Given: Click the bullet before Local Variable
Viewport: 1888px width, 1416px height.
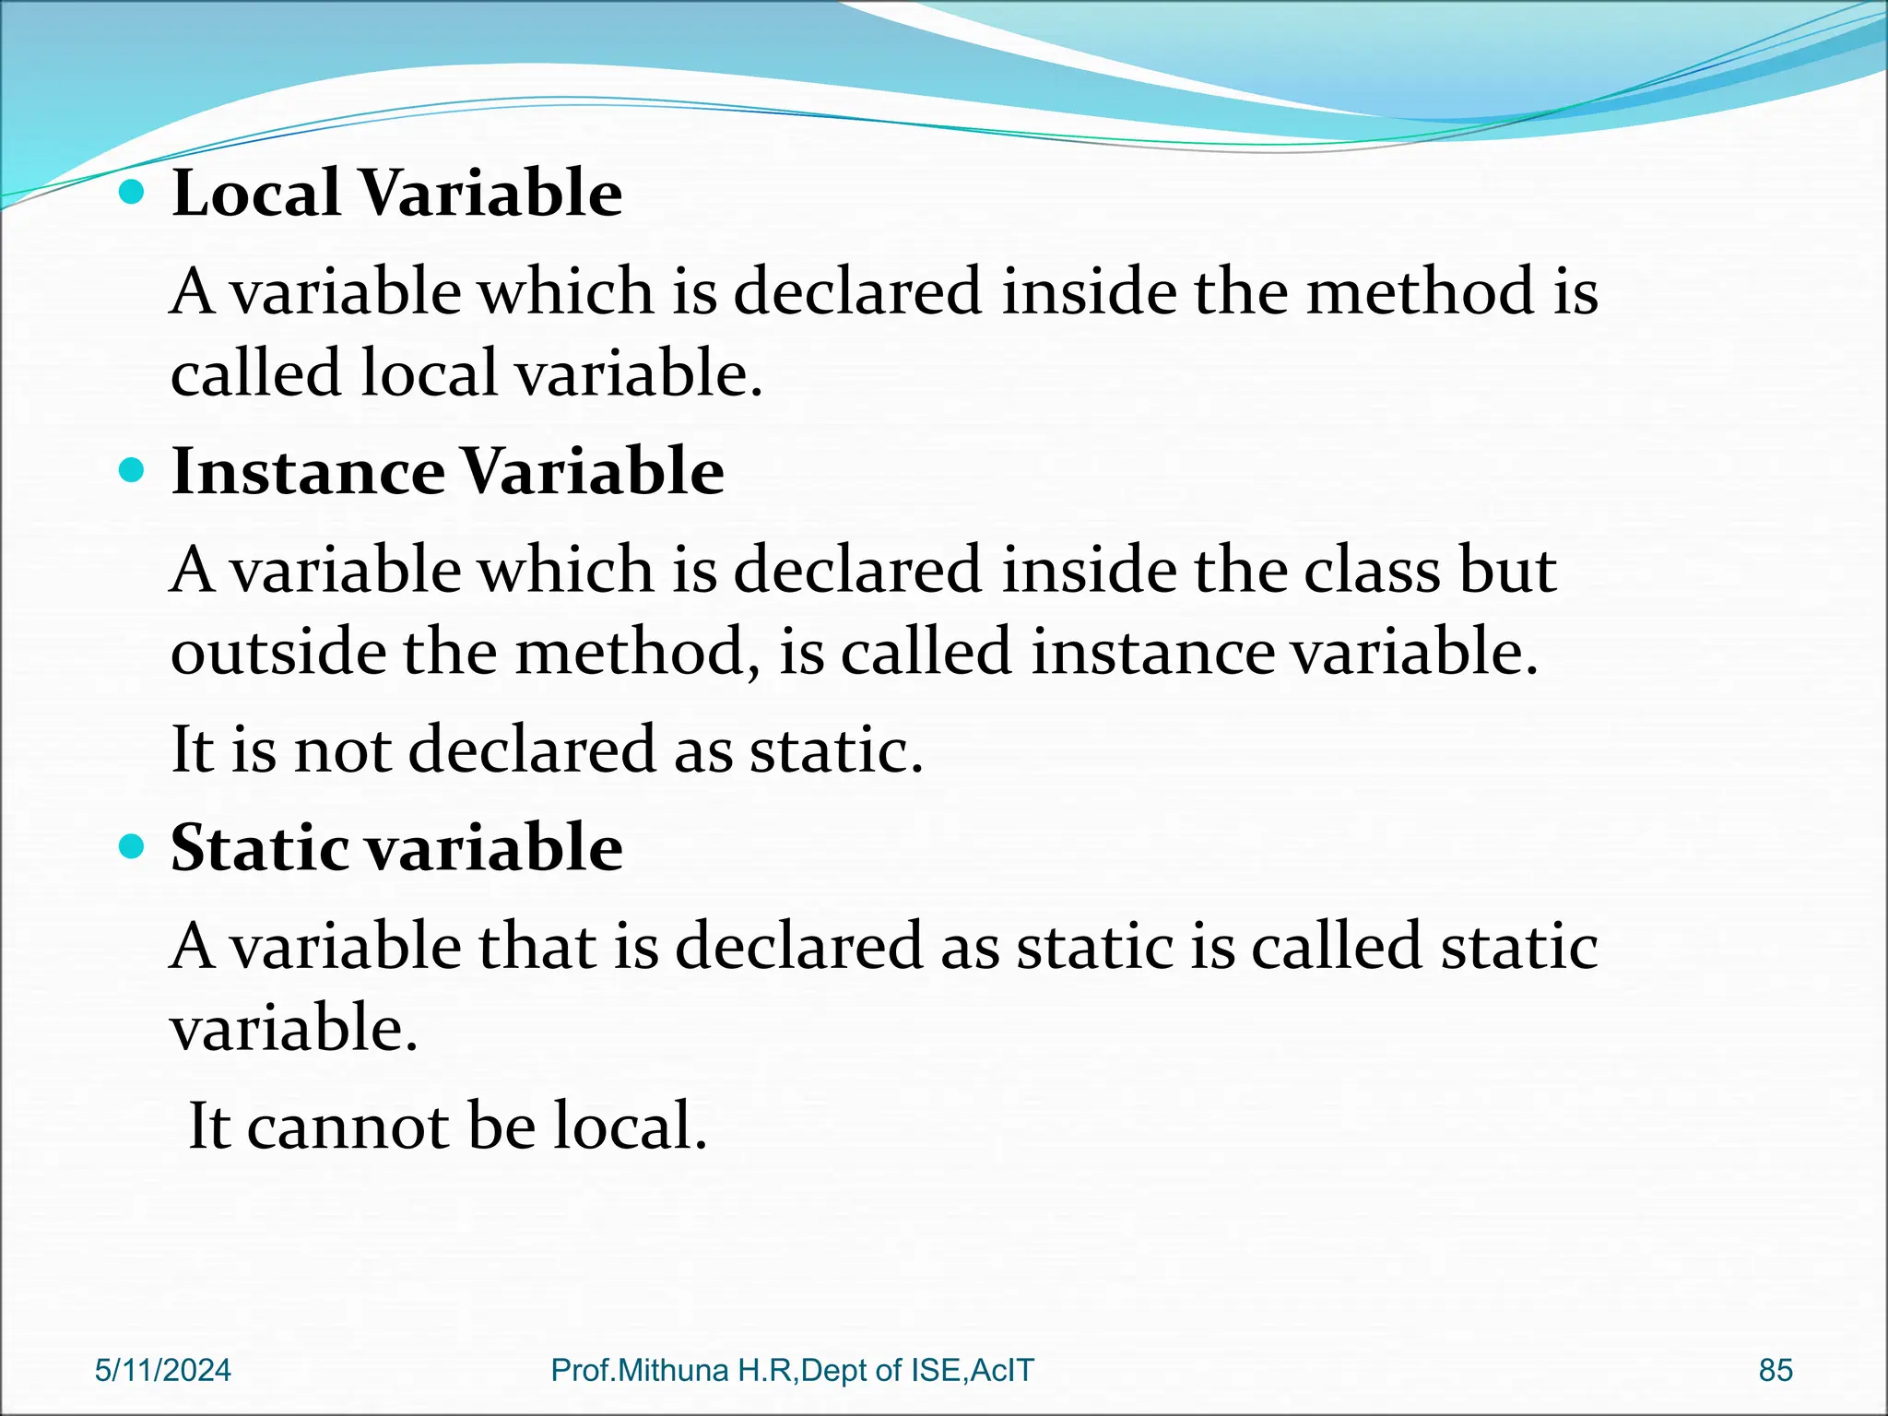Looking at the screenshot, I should tap(133, 192).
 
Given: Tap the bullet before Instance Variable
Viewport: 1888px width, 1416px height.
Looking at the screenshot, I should tap(133, 471).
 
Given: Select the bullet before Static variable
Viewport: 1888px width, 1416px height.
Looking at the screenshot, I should tap(133, 846).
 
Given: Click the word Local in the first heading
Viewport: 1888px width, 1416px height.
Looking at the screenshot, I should tap(256, 194).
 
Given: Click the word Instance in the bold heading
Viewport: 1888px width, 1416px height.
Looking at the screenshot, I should tap(308, 472).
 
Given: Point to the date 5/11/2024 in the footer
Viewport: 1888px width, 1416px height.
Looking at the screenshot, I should tap(163, 1370).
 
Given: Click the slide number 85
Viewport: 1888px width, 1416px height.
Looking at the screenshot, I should tap(1775, 1370).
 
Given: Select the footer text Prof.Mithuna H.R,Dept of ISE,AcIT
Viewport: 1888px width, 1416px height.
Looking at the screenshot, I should tap(792, 1370).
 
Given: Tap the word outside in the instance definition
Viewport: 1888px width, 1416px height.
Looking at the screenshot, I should tap(278, 652).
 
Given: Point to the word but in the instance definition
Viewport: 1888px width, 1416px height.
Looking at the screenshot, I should tap(1508, 570).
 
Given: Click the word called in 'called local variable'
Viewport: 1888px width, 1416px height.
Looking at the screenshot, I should tap(255, 373).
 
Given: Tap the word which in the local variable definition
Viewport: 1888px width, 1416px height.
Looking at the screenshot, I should tap(564, 291).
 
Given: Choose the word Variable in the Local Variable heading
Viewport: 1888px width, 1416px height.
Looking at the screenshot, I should tap(490, 194).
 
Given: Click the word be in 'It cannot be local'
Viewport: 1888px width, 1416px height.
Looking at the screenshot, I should tap(501, 1127).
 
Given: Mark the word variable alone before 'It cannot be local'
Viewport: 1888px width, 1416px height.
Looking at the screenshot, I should tap(293, 1029).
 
